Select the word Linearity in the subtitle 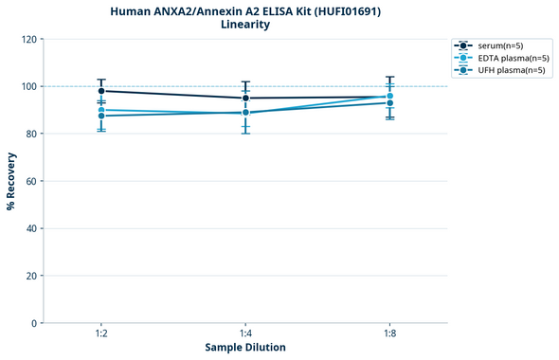pyautogui.click(x=244, y=25)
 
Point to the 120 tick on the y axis pyautogui.click(x=28, y=40)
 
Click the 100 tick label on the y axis pyautogui.click(x=28, y=86)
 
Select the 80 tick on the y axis pyautogui.click(x=31, y=134)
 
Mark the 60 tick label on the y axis pyautogui.click(x=31, y=181)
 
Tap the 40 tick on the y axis pyautogui.click(x=31, y=228)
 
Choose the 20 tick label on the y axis pyautogui.click(x=31, y=276)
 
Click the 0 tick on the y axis pyautogui.click(x=34, y=323)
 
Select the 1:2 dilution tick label pyautogui.click(x=101, y=334)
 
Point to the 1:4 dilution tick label pyautogui.click(x=245, y=334)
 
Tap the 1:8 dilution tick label pyautogui.click(x=390, y=334)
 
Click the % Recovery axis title pyautogui.click(x=11, y=181)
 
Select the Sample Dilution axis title pyautogui.click(x=245, y=348)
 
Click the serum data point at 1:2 pyautogui.click(x=101, y=91)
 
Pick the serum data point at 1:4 pyautogui.click(x=245, y=98)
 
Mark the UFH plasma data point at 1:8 pyautogui.click(x=390, y=102)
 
